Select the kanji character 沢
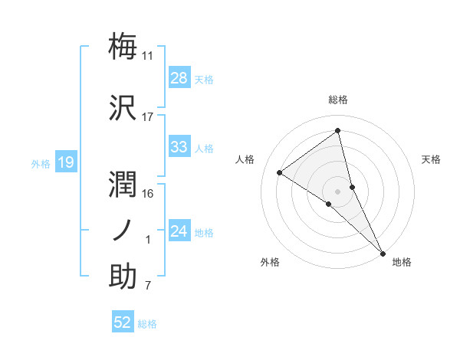123,108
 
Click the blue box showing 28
179,78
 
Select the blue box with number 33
179,148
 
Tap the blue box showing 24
179,232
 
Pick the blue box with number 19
65,162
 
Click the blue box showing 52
123,323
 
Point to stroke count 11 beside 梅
148,56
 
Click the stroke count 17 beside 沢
148,118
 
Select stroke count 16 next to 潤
148,194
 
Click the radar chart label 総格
338,100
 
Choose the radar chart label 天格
432,159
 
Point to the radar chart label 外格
270,263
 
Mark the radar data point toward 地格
382,252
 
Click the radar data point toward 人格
279,172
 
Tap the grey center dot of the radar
338,190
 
